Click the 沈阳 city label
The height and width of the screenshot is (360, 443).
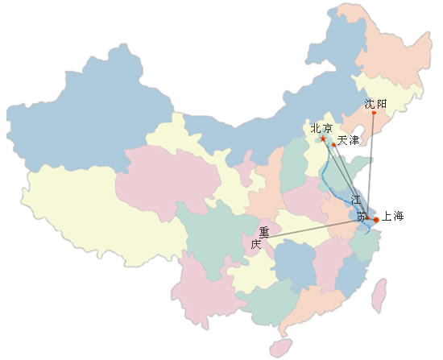375,104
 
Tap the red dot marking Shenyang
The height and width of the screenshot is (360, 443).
374,113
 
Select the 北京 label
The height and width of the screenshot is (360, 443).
321,128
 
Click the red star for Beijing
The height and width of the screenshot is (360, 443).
323,139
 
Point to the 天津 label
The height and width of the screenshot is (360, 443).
348,140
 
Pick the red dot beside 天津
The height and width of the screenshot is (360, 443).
333,145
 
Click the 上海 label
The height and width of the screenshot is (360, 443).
392,216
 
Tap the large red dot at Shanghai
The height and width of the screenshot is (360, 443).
376,220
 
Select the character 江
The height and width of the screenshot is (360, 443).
356,200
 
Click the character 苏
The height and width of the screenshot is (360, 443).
361,216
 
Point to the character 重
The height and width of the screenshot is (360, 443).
264,232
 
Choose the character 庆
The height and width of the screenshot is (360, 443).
256,244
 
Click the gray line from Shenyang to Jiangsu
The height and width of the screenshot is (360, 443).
371,165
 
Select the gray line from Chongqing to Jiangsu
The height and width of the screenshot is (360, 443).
313,230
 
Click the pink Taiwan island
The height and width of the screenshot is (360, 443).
379,296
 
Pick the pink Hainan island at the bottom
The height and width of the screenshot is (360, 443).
280,348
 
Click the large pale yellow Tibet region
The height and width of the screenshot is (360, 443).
99,215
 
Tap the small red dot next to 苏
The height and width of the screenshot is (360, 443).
367,218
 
